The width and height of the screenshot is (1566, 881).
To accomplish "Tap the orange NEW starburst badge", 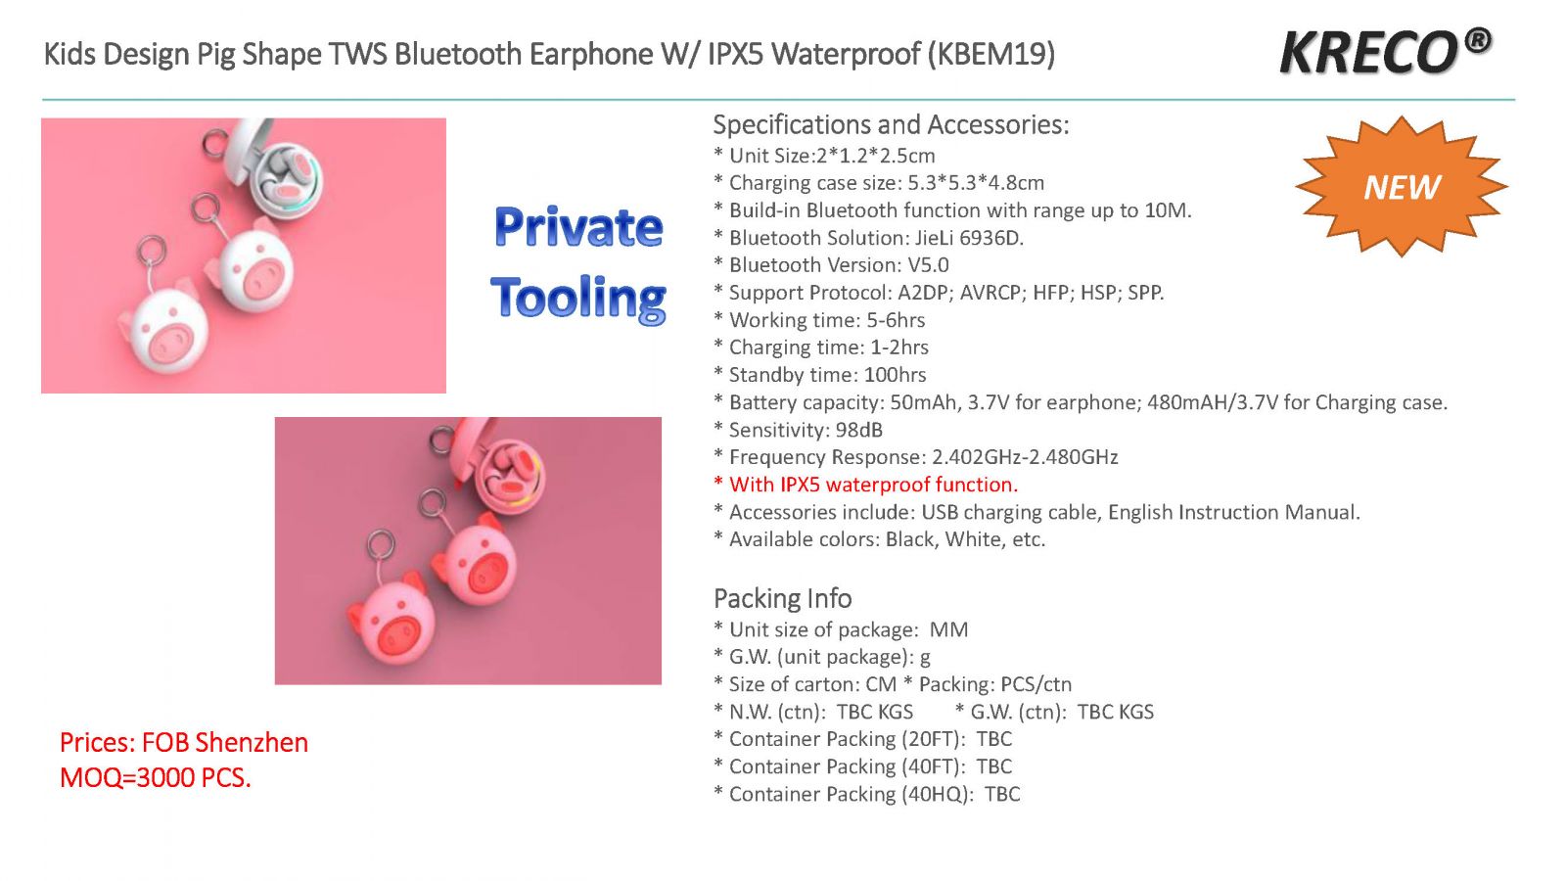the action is (x=1401, y=187).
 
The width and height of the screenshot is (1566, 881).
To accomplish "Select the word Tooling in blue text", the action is (x=578, y=299).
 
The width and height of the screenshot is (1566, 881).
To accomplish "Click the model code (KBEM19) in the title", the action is (x=991, y=54).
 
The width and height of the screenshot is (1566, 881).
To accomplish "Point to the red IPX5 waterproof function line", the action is (x=865, y=485).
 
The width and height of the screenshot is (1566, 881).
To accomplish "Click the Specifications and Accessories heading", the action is (x=892, y=124).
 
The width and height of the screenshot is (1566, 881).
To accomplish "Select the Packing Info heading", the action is (x=782, y=598).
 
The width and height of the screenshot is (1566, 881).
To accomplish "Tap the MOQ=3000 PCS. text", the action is (x=156, y=777).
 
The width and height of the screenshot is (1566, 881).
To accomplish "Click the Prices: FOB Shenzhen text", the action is (x=184, y=743).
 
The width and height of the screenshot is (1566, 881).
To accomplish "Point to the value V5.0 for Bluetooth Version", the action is (x=928, y=265).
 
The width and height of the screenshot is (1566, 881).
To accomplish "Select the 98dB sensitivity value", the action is (x=859, y=430).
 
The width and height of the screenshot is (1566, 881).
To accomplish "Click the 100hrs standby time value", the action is (x=895, y=375).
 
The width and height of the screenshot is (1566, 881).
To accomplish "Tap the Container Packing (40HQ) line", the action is (x=867, y=794).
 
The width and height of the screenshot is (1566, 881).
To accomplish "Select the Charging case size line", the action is (x=879, y=183).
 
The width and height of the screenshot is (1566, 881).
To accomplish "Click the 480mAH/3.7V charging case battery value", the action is (x=1213, y=402).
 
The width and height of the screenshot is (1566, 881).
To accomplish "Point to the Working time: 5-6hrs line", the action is (x=819, y=320).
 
